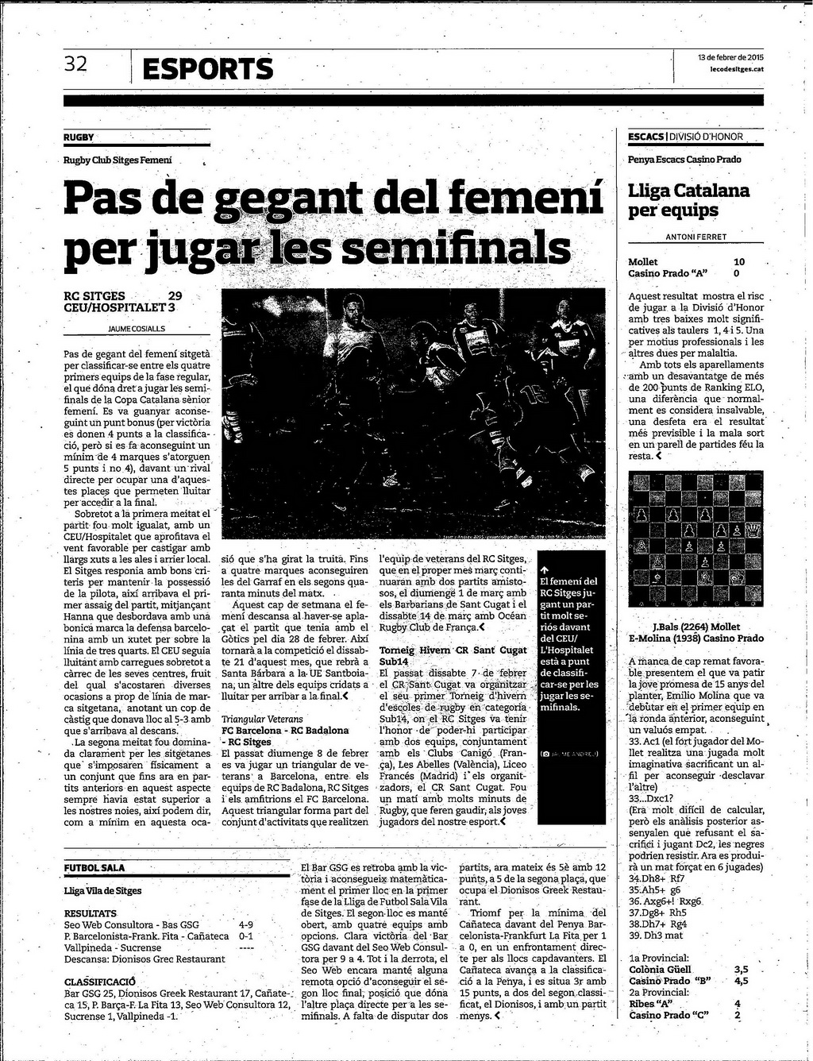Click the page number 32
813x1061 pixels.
(75, 64)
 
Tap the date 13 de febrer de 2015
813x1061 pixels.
(730, 57)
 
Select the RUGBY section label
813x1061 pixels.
(79, 137)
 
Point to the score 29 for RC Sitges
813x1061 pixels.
(175, 295)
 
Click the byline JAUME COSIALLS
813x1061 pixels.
(137, 328)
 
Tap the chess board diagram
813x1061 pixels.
(695, 538)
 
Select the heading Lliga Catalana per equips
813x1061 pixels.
(688, 200)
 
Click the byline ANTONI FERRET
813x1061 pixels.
(695, 237)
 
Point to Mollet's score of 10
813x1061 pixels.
(739, 261)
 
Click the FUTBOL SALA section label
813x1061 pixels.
(94, 868)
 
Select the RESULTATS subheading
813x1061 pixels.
(91, 913)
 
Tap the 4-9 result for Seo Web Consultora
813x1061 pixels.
(246, 924)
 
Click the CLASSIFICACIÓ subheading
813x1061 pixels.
(99, 981)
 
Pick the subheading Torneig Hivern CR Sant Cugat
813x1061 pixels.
(453, 650)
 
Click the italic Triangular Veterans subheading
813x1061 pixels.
(262, 719)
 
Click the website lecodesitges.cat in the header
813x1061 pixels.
(737, 69)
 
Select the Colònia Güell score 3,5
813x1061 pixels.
(742, 969)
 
